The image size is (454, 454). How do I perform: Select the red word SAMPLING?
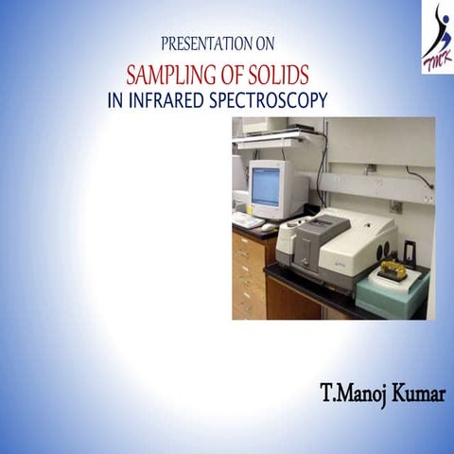click(183, 73)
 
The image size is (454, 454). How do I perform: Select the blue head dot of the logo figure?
click(439, 9)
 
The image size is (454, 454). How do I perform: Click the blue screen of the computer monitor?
click(266, 186)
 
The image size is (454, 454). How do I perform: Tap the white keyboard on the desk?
click(248, 220)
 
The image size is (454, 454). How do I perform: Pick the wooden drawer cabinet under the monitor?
click(249, 274)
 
